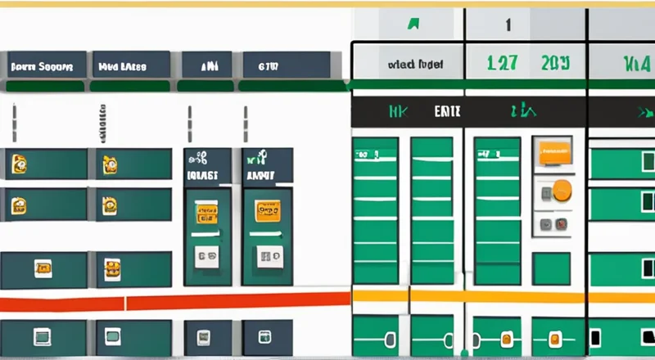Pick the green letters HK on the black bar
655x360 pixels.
(399, 112)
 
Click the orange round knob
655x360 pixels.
(562, 191)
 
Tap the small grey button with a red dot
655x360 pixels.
(544, 223)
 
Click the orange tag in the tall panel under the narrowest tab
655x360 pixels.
(206, 214)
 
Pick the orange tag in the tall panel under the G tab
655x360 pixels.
(268, 210)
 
